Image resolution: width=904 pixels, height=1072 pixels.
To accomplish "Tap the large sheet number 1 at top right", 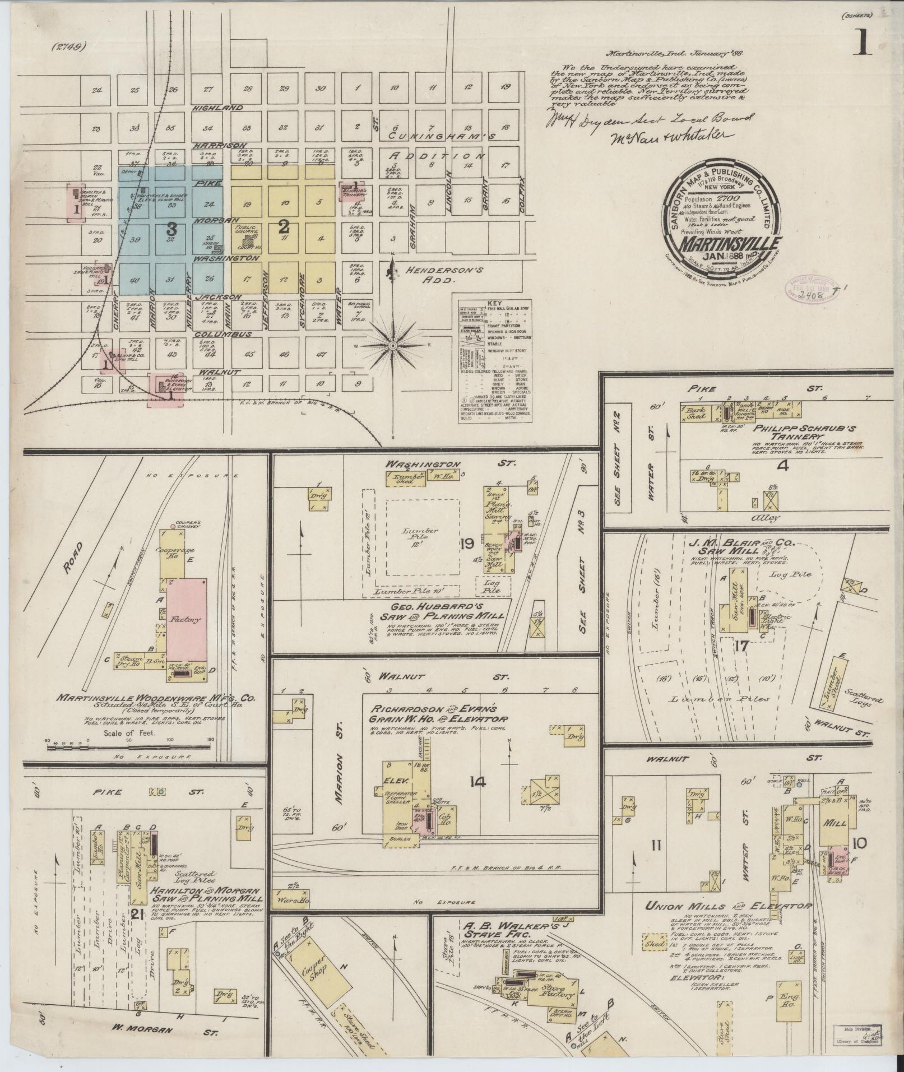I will click(x=862, y=42).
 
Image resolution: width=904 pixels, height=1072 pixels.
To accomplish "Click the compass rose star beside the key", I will click(x=393, y=346).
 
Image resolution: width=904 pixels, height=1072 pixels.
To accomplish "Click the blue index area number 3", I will click(x=171, y=228).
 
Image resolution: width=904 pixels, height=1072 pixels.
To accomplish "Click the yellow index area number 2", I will click(x=284, y=226).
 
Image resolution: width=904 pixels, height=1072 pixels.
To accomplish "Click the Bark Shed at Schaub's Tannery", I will click(x=696, y=412).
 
